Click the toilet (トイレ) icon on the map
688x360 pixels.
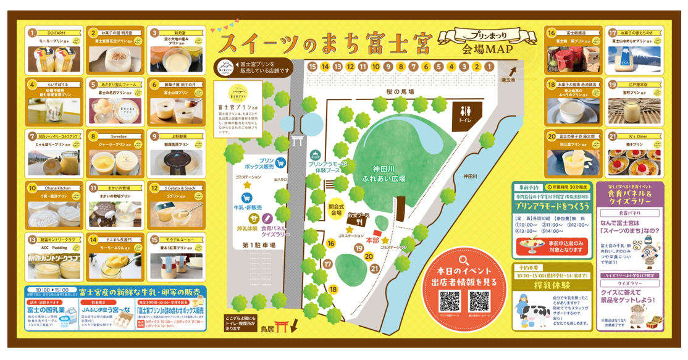point(464,114)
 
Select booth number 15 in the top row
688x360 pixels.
point(312,66)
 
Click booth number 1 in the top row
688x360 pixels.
point(489,66)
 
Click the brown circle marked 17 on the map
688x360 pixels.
point(328,264)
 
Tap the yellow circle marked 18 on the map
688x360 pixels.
point(334,289)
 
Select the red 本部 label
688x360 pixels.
point(372,240)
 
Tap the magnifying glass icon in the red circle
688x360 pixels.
point(464,260)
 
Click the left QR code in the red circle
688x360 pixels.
point(449,301)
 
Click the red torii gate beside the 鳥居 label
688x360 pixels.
point(282,328)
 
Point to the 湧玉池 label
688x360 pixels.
point(508,80)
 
